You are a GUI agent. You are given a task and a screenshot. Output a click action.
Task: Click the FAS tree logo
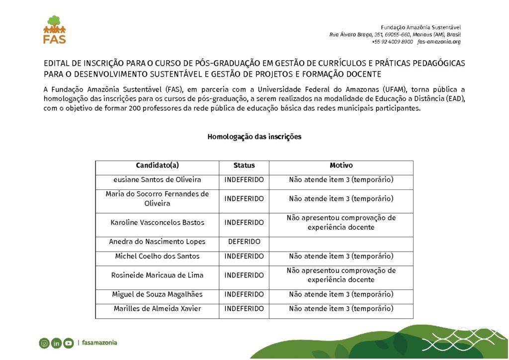pos(54,29)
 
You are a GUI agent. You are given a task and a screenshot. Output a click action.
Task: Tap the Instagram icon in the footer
pos(44,343)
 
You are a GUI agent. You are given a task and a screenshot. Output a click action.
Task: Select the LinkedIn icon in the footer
pos(56,343)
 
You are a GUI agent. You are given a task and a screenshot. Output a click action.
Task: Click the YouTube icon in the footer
pos(68,343)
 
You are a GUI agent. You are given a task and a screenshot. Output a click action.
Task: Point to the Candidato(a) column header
pos(157,166)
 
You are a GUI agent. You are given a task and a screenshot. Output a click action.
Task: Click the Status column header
pos(244,166)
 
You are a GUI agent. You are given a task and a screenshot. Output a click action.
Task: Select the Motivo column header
pos(341,166)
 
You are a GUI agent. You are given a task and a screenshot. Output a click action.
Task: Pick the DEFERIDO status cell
pos(244,242)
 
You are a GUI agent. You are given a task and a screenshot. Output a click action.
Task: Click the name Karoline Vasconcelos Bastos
pos(157,223)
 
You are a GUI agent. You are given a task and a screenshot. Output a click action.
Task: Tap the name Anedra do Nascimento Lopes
pos(157,242)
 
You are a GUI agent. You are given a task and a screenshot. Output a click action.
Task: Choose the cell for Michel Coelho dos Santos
pos(157,257)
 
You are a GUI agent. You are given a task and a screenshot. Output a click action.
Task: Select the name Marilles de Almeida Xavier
pos(157,309)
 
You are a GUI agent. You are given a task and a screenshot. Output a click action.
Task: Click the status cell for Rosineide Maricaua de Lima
pos(244,275)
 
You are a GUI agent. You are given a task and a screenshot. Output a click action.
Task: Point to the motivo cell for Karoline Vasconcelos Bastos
pos(341,223)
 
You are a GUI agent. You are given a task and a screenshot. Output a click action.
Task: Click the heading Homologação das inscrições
pos(254,137)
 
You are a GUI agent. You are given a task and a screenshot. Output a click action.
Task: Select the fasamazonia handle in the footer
pos(99,343)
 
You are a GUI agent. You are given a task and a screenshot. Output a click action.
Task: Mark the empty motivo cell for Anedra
pos(341,242)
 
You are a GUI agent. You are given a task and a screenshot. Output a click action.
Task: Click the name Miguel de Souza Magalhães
pos(157,294)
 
